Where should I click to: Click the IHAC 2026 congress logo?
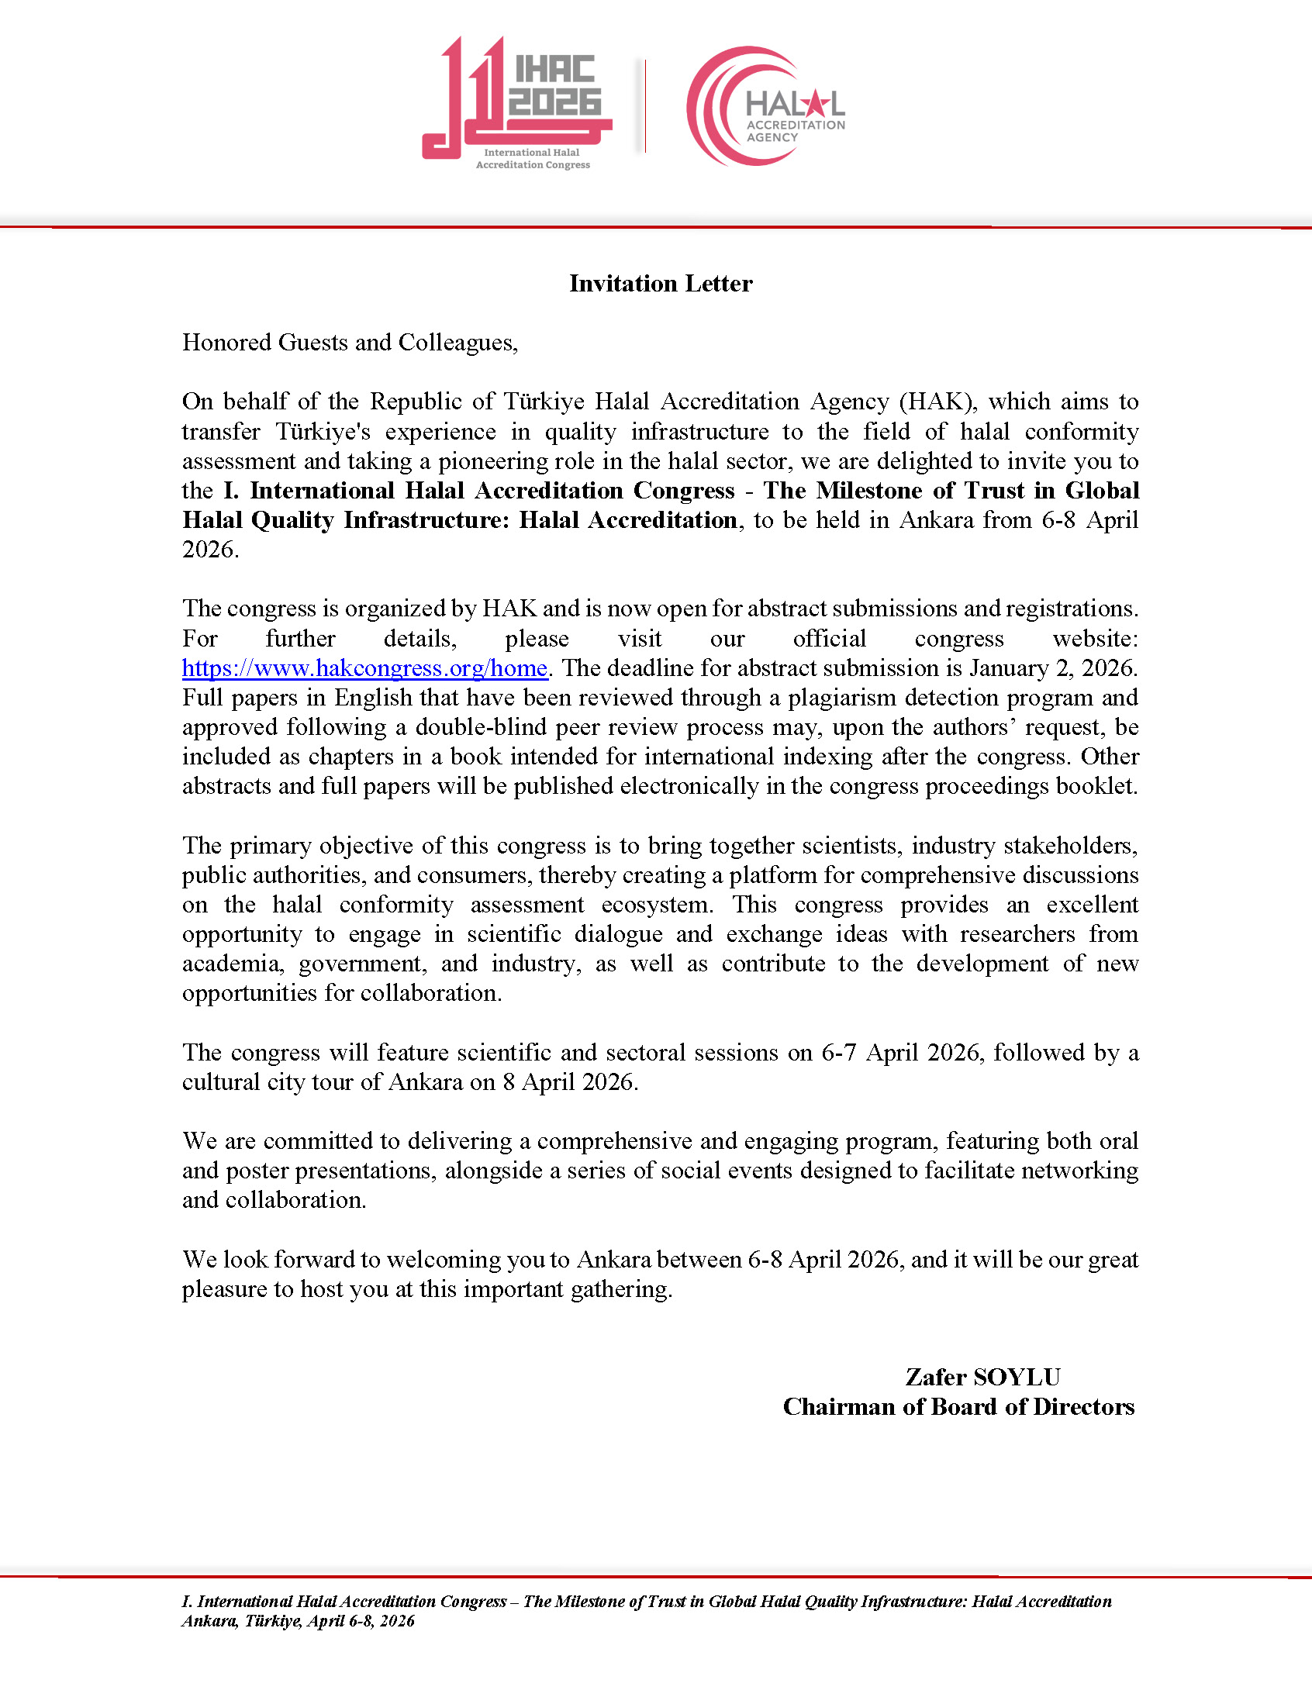pyautogui.click(x=517, y=101)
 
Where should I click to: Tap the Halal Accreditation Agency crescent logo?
pyautogui.click(x=765, y=106)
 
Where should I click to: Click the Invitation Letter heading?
pyautogui.click(x=661, y=284)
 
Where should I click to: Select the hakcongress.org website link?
pyautogui.click(x=364, y=668)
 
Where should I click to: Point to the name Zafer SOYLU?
pyautogui.click(x=982, y=1378)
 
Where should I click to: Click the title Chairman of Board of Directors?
pyautogui.click(x=958, y=1407)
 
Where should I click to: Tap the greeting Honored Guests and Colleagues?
pyautogui.click(x=350, y=343)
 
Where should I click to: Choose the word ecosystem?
pyautogui.click(x=657, y=905)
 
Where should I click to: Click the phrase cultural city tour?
pyautogui.click(x=282, y=1082)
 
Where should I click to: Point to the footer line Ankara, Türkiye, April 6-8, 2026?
pyautogui.click(x=299, y=1622)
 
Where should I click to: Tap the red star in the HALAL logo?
pyautogui.click(x=814, y=102)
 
